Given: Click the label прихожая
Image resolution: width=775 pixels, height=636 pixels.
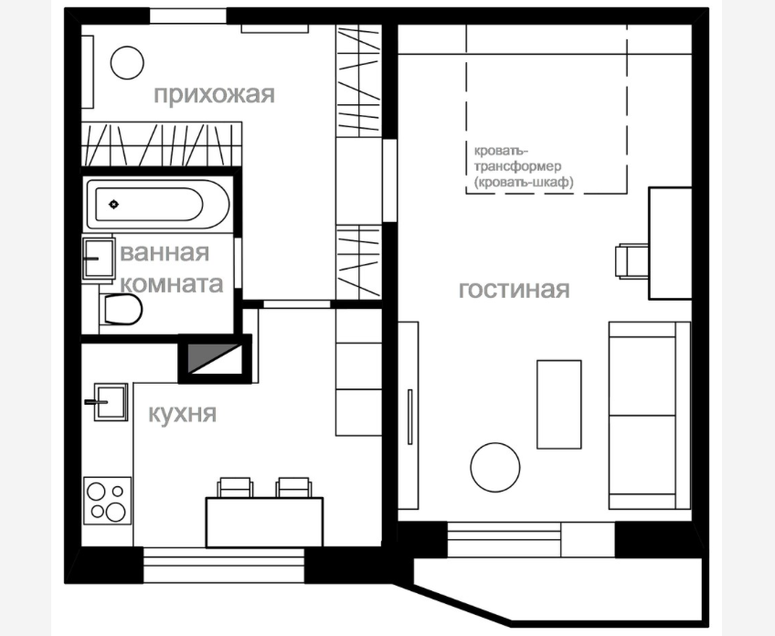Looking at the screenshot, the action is click(x=214, y=94).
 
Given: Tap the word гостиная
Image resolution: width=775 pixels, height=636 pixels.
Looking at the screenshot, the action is click(x=514, y=290).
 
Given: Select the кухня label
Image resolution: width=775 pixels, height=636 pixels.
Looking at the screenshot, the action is click(x=183, y=414).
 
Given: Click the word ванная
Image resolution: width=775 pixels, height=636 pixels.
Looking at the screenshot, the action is click(x=165, y=252).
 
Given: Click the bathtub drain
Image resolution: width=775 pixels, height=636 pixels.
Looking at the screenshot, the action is click(x=113, y=204).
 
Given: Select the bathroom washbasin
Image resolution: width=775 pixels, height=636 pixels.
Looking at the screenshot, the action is click(x=99, y=259).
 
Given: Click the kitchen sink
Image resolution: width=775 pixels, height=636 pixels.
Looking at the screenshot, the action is click(x=110, y=402).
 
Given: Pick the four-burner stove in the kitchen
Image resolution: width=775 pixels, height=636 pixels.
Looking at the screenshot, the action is click(x=108, y=501).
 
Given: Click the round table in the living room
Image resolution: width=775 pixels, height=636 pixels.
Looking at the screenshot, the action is click(x=495, y=467).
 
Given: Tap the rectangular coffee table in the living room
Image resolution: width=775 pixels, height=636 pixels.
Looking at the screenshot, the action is click(x=559, y=404).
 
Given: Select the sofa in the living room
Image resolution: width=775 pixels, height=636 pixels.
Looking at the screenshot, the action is click(x=650, y=415).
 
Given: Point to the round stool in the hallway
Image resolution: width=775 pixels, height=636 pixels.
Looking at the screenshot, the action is click(x=127, y=63).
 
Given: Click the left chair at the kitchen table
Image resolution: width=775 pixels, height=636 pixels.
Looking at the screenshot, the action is click(x=235, y=487).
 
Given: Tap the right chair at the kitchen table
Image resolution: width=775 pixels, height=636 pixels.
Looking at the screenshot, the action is click(x=294, y=487).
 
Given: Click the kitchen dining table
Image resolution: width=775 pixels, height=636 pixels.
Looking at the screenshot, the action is click(x=264, y=523).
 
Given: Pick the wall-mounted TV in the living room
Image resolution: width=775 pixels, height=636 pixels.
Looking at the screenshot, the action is click(x=409, y=417).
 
